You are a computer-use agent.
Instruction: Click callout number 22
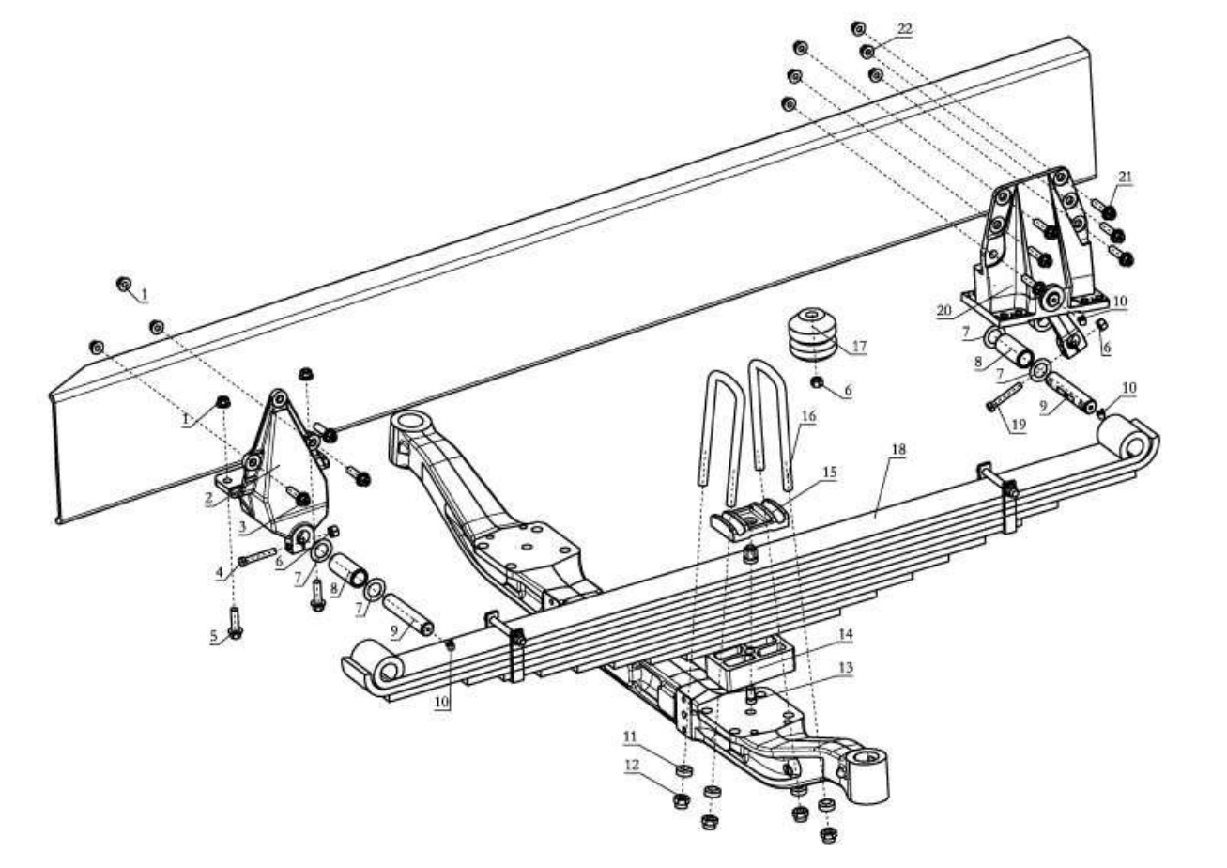point(904,28)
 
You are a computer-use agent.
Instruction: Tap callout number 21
point(1125,177)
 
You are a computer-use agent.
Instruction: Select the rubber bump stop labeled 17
point(813,334)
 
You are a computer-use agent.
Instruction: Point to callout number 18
point(898,450)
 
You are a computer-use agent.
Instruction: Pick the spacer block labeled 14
point(750,662)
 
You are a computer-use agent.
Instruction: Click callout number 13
point(846,668)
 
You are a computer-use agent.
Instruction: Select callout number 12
point(632,765)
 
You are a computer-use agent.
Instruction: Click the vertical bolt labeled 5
point(235,623)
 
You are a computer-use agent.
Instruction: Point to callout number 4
point(220,573)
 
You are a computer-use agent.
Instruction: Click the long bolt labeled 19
point(1005,397)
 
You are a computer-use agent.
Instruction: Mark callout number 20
point(944,311)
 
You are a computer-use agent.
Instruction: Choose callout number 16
point(808,416)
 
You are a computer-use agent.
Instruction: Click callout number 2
point(208,498)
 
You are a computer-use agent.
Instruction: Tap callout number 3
point(242,527)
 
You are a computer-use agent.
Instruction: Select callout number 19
point(1019,425)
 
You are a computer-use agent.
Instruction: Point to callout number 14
point(846,635)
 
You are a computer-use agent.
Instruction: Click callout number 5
point(214,636)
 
